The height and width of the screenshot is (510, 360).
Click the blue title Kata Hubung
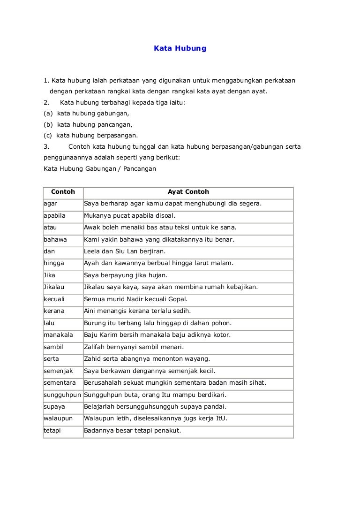180,48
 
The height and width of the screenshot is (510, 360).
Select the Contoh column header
63,192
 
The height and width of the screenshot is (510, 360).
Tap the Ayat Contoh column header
188,192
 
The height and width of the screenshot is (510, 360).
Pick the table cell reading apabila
54,216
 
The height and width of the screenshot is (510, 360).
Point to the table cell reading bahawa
55,240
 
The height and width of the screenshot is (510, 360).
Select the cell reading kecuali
54,299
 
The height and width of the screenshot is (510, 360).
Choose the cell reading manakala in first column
58,335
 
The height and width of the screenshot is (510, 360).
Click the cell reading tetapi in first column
52,431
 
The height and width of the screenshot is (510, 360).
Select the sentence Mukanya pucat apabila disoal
129,216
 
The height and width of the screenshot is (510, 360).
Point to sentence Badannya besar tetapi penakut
132,431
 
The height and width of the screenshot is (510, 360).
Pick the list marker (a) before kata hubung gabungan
48,114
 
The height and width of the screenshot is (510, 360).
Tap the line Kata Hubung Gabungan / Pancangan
99,168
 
